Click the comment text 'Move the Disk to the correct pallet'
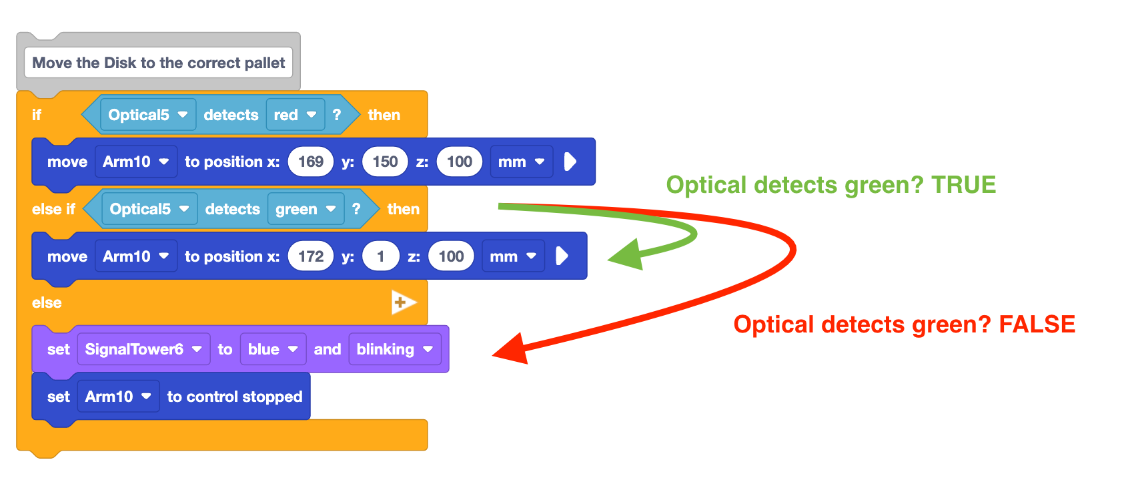[x=158, y=63]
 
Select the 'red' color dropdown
[x=295, y=115]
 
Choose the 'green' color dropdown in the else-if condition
[x=306, y=209]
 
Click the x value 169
[x=311, y=162]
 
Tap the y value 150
[x=385, y=162]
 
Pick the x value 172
[x=311, y=256]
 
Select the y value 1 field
[x=380, y=256]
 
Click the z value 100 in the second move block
[x=451, y=256]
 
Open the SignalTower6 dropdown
[x=143, y=349]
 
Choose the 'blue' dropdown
[x=273, y=349]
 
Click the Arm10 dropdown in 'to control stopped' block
[x=118, y=397]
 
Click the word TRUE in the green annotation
[x=963, y=185]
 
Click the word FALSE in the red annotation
[x=1037, y=324]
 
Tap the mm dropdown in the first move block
[x=521, y=162]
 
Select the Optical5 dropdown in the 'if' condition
[x=147, y=115]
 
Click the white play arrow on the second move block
[x=562, y=256]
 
